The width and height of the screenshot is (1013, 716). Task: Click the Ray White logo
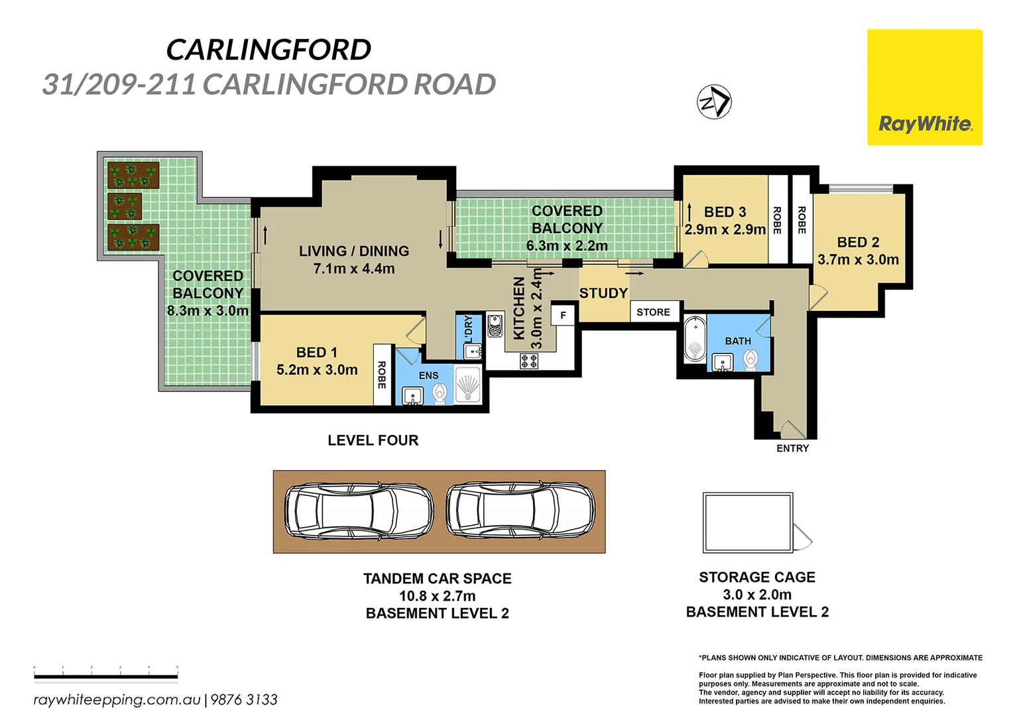coord(924,87)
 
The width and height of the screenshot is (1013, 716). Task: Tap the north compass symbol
coord(714,102)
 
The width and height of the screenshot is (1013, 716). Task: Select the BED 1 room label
coord(316,353)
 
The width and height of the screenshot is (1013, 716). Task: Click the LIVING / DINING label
coord(353,251)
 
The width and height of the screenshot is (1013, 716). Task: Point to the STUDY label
coord(603,293)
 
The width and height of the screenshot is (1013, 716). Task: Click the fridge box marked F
coord(563,315)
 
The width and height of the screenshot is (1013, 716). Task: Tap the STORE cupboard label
coord(653,312)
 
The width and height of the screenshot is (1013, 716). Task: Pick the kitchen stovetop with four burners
coord(529,361)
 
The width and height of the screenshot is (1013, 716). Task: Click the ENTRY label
coord(792,448)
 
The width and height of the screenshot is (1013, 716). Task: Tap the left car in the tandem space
coord(359,511)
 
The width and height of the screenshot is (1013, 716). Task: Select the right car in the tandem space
coord(520,511)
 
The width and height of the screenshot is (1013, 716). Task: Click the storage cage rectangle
coord(748,522)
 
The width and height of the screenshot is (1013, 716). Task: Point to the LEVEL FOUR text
coord(373,440)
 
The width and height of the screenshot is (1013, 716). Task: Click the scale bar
coord(106,676)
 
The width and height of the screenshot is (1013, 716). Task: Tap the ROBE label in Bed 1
coord(381,375)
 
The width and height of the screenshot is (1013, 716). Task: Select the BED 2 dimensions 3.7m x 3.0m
coord(858,260)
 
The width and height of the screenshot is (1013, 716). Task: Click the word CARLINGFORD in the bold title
coord(268,50)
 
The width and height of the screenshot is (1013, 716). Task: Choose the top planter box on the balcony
coord(133,175)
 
